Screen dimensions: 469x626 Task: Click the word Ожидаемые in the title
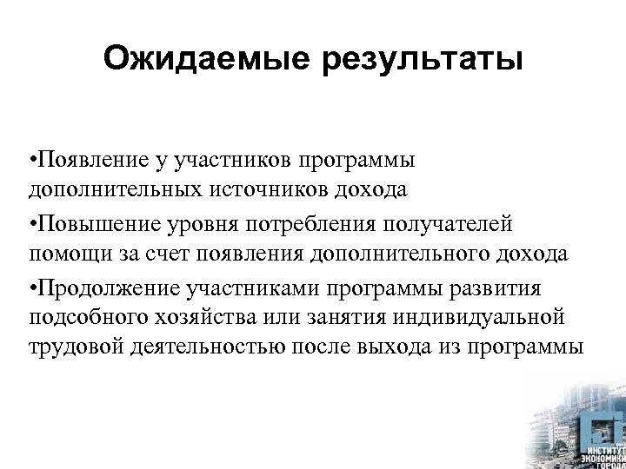205,61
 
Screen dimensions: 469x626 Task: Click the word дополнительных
117,188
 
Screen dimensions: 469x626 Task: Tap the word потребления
312,225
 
